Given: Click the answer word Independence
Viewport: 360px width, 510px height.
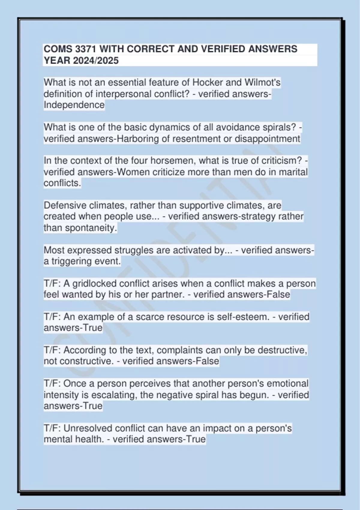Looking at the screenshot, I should click(74, 105).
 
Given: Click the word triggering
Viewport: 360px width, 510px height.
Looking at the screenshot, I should click(71, 261).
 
